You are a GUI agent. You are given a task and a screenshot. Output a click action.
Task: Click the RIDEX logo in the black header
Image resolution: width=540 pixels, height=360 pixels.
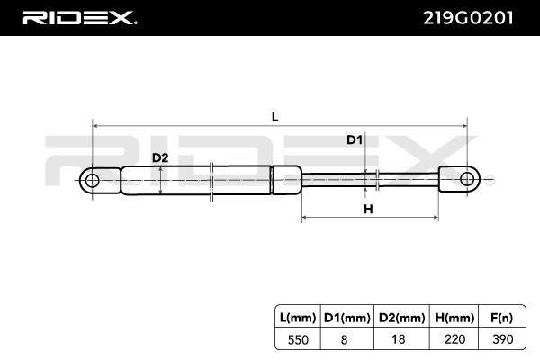(x=79, y=18)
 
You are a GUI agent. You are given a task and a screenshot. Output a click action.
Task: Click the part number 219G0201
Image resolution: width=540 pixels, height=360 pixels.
(x=468, y=18)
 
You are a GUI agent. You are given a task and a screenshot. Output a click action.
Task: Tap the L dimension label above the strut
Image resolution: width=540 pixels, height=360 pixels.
(x=274, y=117)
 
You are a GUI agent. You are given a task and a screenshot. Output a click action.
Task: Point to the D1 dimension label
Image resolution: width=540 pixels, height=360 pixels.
(x=355, y=139)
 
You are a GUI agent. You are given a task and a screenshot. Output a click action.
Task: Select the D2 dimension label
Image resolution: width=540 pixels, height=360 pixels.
(x=160, y=157)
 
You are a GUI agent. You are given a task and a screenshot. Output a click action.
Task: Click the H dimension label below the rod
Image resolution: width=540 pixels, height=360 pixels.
(x=368, y=209)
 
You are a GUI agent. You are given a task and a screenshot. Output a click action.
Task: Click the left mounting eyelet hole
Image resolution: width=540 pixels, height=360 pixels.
(x=92, y=181)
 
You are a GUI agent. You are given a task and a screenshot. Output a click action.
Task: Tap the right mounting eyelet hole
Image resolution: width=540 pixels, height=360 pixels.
(x=467, y=179)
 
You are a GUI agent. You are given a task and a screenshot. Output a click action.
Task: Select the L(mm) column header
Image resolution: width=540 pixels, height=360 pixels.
(x=298, y=318)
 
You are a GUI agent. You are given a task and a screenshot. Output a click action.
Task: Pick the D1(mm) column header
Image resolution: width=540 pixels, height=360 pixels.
(x=347, y=318)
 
